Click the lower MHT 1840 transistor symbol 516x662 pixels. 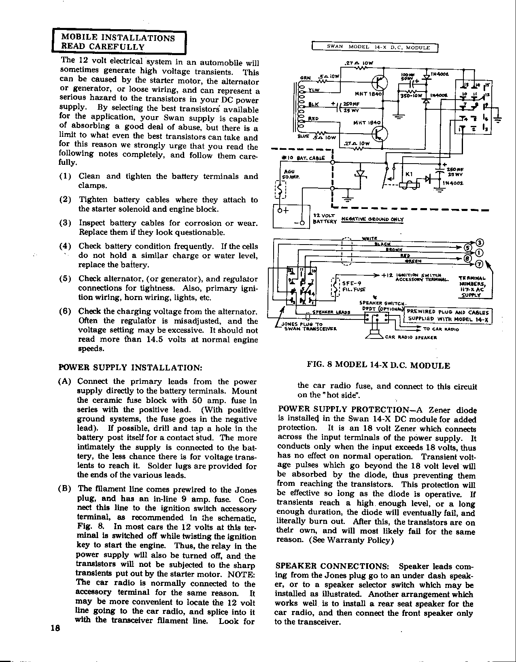point(380,134)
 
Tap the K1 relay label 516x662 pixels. point(408,174)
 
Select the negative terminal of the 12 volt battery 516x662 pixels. point(301,223)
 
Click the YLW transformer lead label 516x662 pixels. point(314,89)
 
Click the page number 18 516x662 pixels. point(55,628)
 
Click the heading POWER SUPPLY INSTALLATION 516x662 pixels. point(130,368)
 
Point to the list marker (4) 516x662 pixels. point(65,246)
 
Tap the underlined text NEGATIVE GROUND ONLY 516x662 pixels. point(372,219)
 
